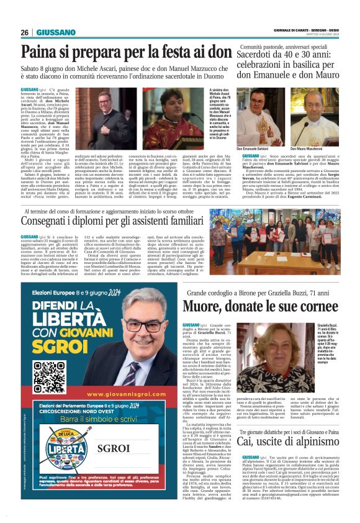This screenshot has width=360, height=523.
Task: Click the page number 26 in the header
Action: tap(25, 32)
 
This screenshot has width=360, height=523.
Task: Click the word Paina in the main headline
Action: tap(38, 53)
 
